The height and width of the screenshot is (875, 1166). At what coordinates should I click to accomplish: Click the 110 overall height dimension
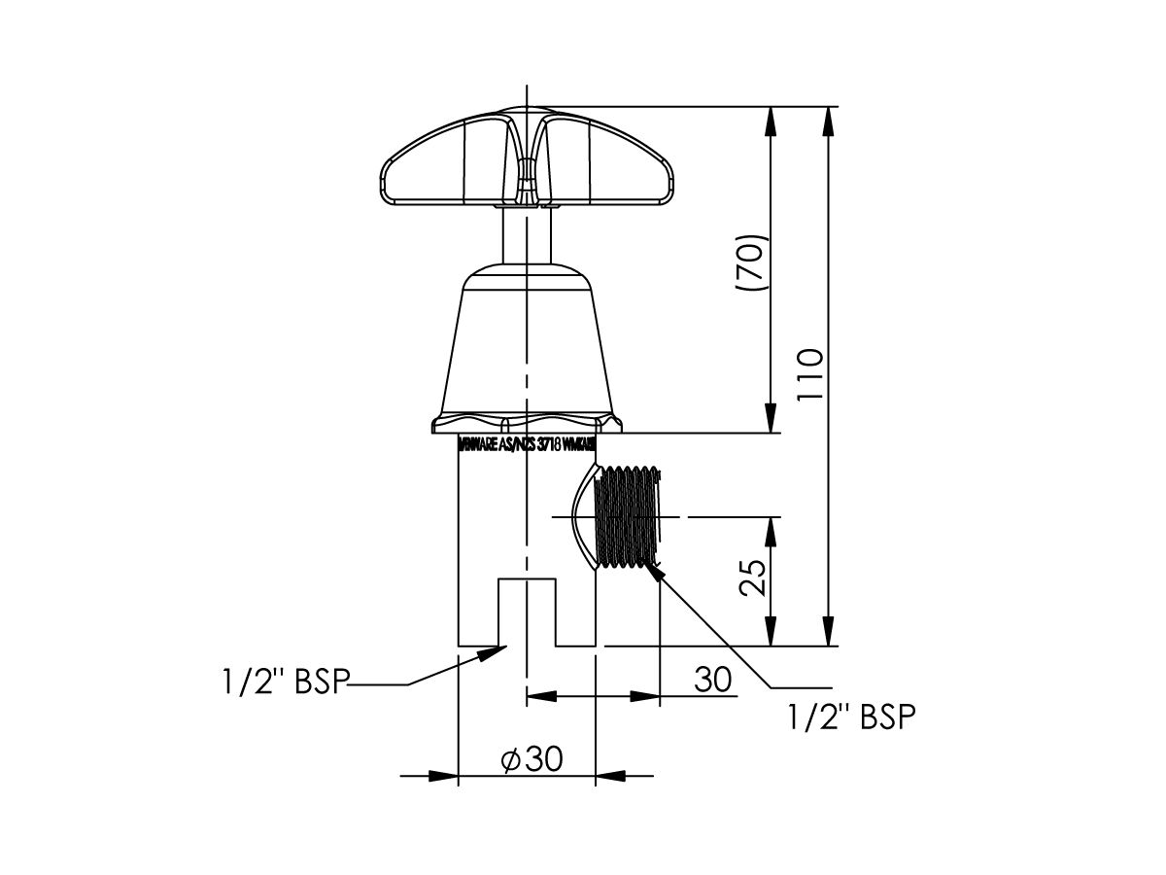(811, 374)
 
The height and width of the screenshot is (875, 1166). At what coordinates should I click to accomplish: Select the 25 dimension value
(754, 578)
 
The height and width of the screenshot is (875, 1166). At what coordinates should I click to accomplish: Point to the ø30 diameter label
(532, 759)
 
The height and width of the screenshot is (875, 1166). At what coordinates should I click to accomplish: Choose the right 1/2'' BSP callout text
(851, 717)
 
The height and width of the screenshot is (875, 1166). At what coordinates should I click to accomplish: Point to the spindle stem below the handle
(526, 233)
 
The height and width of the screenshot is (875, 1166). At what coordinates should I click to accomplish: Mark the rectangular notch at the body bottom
(527, 612)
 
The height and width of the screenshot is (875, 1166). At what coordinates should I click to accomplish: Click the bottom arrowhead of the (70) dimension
(772, 420)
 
